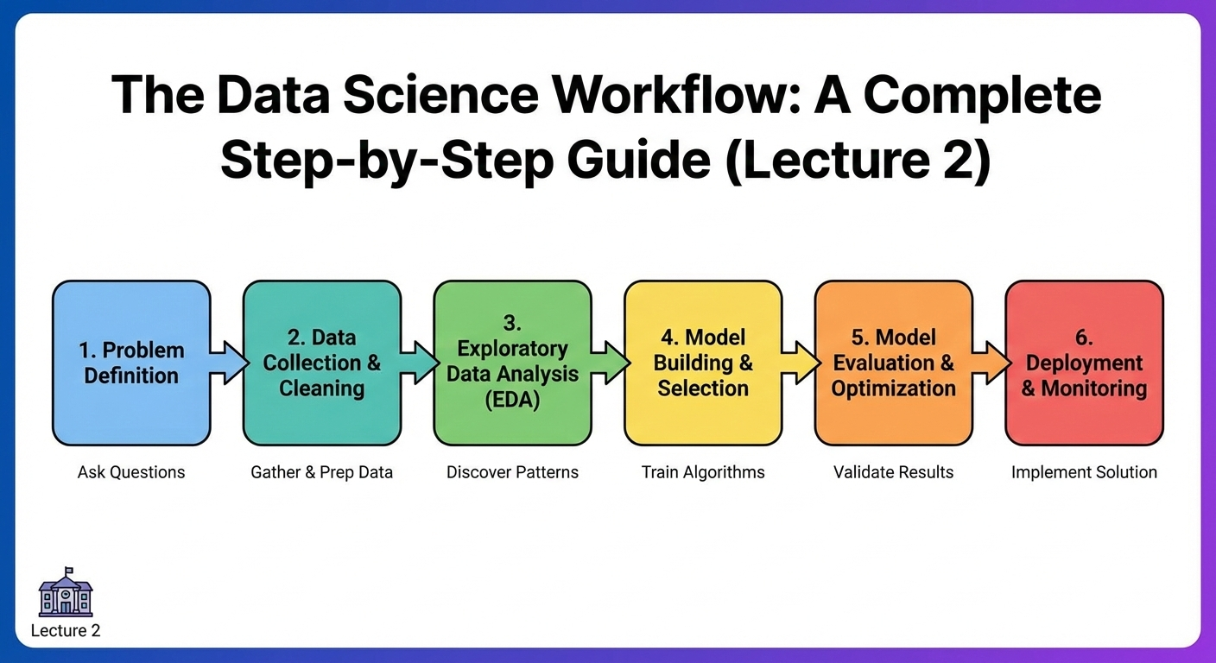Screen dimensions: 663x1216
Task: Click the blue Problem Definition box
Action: coord(131,363)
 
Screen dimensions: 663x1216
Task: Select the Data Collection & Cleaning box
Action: coord(321,363)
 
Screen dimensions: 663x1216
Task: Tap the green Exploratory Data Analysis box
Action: coord(512,363)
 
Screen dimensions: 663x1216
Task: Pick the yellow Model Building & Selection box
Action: coord(703,363)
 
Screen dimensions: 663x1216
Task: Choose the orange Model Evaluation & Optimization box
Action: coord(894,363)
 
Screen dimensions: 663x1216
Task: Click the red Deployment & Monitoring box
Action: coord(1084,363)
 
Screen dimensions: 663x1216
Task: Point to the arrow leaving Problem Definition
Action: coord(228,362)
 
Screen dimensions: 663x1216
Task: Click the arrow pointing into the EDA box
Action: coord(419,362)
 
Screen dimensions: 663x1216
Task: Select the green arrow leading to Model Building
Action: coord(610,362)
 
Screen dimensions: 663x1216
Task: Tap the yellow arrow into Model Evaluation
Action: coord(801,362)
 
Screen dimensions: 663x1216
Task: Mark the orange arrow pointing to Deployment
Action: coord(991,362)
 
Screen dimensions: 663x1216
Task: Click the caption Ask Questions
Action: coord(131,472)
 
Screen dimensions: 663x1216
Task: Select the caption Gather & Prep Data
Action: coord(321,472)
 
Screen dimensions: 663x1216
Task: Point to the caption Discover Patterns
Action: coord(512,472)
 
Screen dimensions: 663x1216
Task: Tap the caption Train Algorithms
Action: coord(703,472)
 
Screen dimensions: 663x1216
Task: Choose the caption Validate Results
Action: coord(894,472)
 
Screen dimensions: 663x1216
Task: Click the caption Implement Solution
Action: coord(1084,472)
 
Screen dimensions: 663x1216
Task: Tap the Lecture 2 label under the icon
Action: coord(66,631)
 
